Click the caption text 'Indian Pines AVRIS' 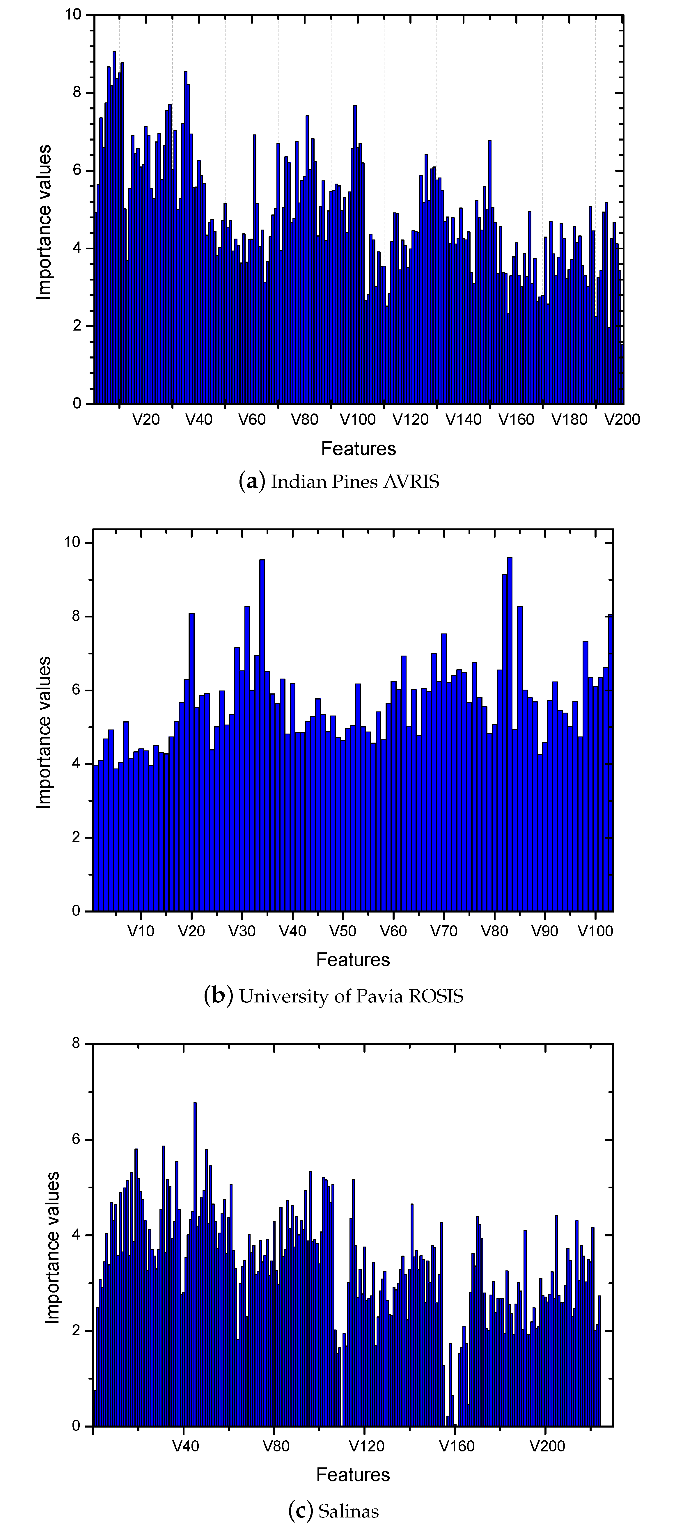(355, 482)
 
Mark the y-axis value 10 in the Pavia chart (72, 542)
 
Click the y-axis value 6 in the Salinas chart (76, 1139)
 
